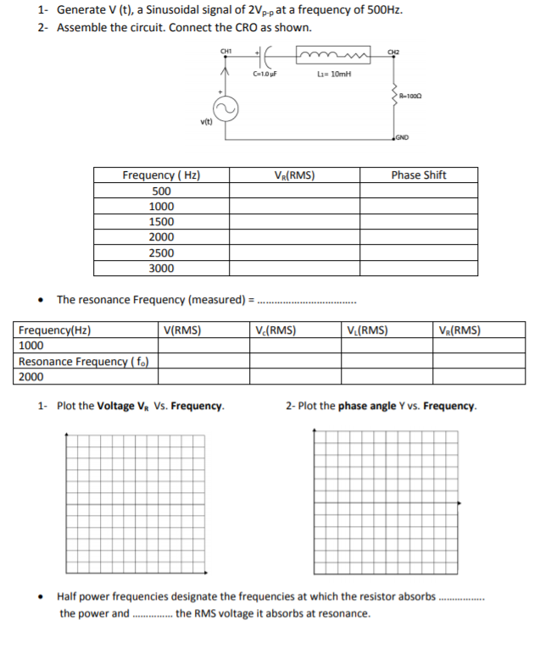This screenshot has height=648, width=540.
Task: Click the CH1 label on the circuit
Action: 226,51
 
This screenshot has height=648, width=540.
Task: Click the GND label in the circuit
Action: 402,136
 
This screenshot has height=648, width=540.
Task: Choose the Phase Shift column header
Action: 418,175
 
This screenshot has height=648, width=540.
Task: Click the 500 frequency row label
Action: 161,191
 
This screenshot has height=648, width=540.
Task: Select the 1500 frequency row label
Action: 161,222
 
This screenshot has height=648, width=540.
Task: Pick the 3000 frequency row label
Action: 161,269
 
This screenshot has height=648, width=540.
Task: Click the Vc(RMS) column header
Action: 276,330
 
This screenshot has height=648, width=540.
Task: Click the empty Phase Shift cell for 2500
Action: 418,253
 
